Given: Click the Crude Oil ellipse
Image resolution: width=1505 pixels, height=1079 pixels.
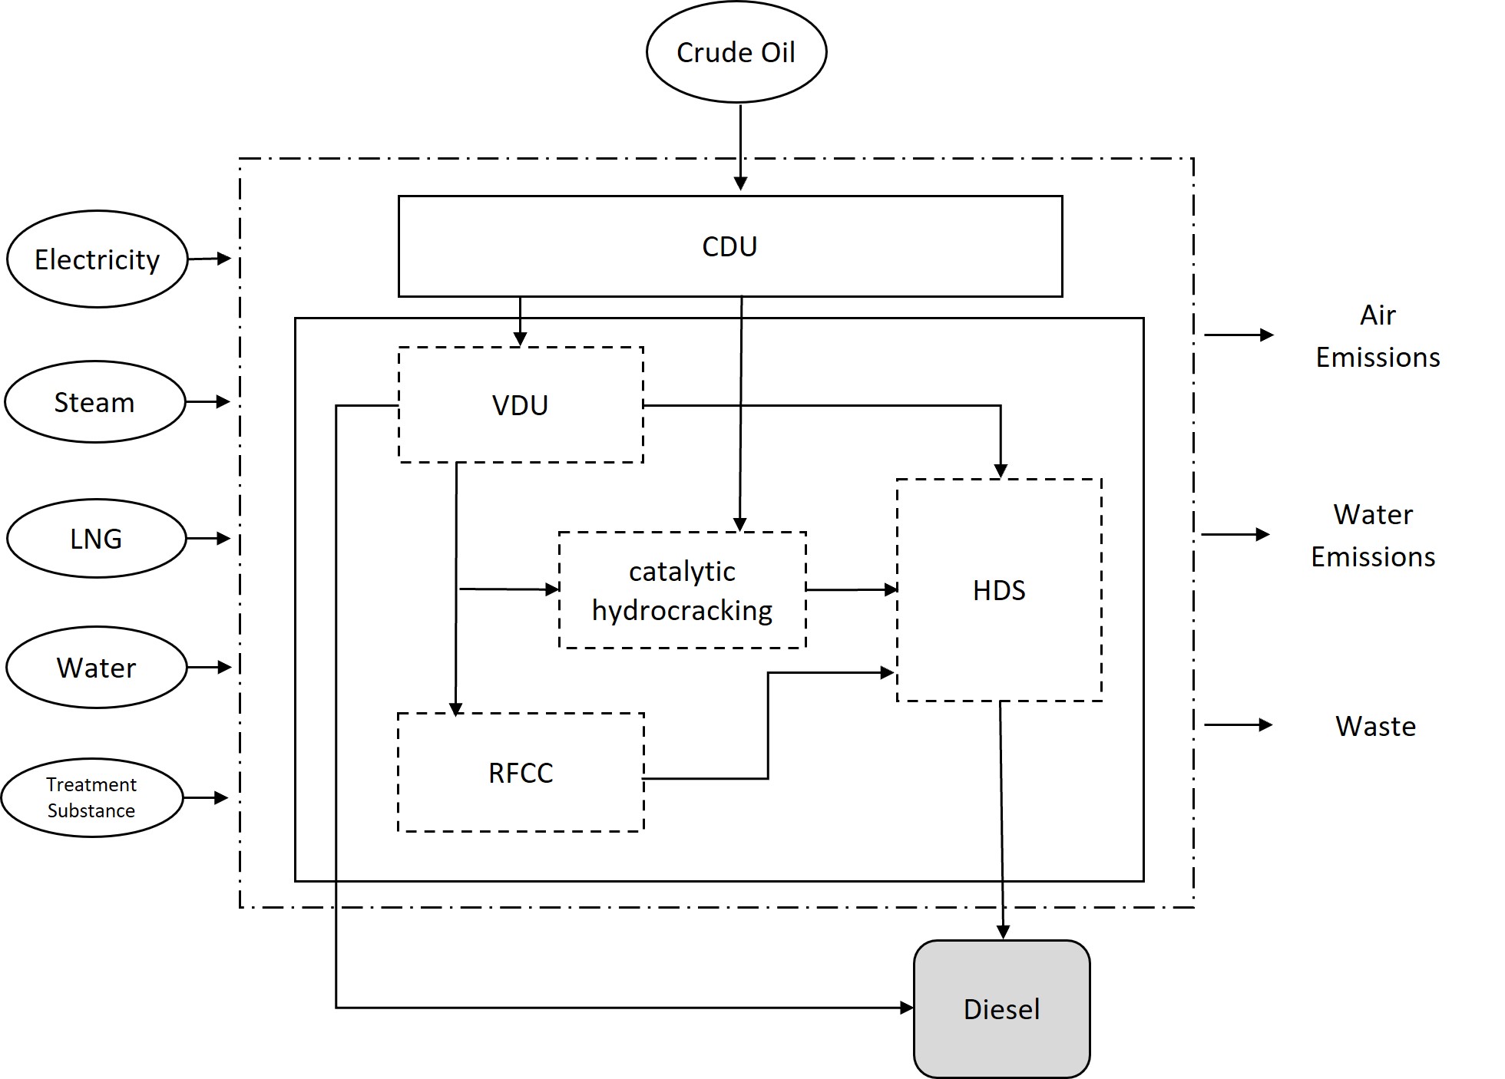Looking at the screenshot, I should click(x=736, y=52).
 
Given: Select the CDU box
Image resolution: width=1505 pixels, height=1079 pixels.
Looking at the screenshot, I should click(x=729, y=246).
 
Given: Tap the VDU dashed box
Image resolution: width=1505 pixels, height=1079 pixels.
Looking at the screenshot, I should click(x=521, y=404).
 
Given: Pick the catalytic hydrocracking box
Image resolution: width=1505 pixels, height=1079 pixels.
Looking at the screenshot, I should click(x=682, y=590).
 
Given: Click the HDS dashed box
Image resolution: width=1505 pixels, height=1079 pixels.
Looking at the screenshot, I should click(x=999, y=590).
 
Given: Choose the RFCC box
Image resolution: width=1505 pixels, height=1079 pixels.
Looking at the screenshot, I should click(x=521, y=772).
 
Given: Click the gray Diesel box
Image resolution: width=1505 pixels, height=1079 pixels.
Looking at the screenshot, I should click(x=1001, y=1008).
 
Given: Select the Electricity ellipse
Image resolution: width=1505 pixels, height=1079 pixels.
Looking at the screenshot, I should click(x=97, y=259).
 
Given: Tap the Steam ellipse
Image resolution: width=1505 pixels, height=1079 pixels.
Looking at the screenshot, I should click(x=94, y=402).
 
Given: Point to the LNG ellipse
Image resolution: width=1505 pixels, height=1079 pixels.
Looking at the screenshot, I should click(x=96, y=539).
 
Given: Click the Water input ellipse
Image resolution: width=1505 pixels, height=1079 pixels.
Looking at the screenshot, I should click(x=96, y=668).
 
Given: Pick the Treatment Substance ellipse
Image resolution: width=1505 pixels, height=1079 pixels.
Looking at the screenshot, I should click(x=91, y=797).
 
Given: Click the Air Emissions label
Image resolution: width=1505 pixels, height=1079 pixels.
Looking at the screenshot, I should click(x=1378, y=336).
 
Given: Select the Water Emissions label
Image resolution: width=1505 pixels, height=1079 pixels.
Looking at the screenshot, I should click(x=1373, y=535).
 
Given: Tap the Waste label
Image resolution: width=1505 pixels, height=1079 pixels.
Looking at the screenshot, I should click(x=1375, y=726).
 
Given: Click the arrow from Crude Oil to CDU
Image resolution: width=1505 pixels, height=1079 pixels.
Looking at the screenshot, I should click(x=740, y=146).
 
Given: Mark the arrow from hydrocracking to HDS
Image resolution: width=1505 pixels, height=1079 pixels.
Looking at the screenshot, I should click(x=852, y=589).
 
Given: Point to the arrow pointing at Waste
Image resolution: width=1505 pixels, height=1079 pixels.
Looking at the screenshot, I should click(x=1238, y=724).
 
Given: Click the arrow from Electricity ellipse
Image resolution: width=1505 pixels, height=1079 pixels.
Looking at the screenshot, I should click(x=209, y=259).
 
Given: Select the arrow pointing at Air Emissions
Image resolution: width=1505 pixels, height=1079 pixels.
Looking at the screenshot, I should click(x=1239, y=335).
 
